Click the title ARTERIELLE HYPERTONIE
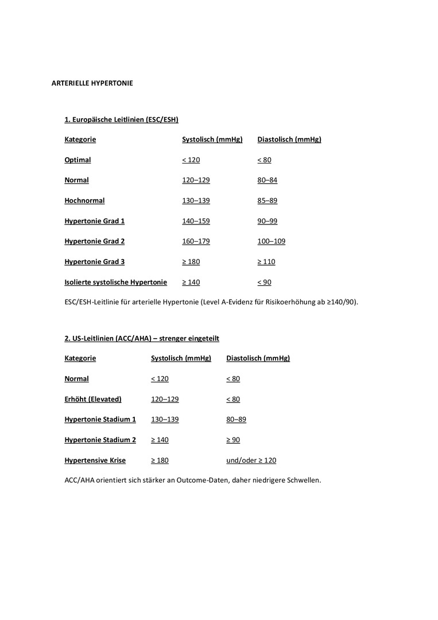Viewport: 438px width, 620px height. point(92,83)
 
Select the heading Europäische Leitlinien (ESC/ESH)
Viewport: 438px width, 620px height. point(121,119)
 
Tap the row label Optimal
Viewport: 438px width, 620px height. point(77,160)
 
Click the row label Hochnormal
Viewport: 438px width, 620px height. point(84,201)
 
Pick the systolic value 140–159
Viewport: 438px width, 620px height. point(196,221)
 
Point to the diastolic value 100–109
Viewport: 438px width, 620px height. point(271,242)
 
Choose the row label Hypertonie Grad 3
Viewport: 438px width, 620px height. point(94,262)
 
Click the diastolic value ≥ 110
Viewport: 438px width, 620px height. point(266,262)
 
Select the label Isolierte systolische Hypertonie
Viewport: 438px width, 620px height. point(115,282)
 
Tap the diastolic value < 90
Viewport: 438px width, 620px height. point(264,282)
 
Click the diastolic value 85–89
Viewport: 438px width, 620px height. point(267,201)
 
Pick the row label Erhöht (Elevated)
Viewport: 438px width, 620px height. point(92,399)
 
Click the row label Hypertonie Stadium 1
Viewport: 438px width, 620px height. point(100,420)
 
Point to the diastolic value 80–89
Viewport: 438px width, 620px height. point(236,420)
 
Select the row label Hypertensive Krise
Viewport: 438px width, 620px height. point(95,460)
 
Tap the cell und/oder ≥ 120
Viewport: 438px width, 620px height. point(251,460)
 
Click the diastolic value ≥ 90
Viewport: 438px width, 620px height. point(233,440)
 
